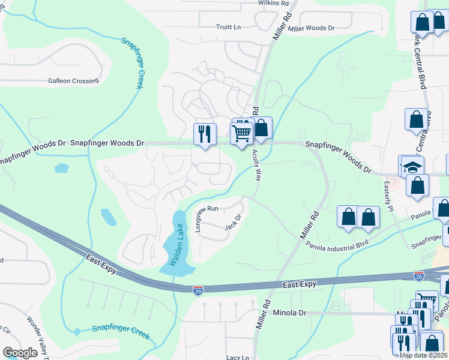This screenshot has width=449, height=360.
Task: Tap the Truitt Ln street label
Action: pos(228,27)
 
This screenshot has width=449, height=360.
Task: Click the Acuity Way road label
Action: pos(259,166)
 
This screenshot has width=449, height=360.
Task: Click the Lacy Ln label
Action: pos(238,357)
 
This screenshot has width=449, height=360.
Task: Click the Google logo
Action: pos(20,353)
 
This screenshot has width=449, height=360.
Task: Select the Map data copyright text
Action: pos(423,355)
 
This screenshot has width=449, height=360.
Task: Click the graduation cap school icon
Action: pos(412,166)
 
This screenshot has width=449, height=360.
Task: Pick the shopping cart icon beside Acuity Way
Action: pos(242,133)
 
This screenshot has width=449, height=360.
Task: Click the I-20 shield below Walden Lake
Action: pos(197,290)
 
